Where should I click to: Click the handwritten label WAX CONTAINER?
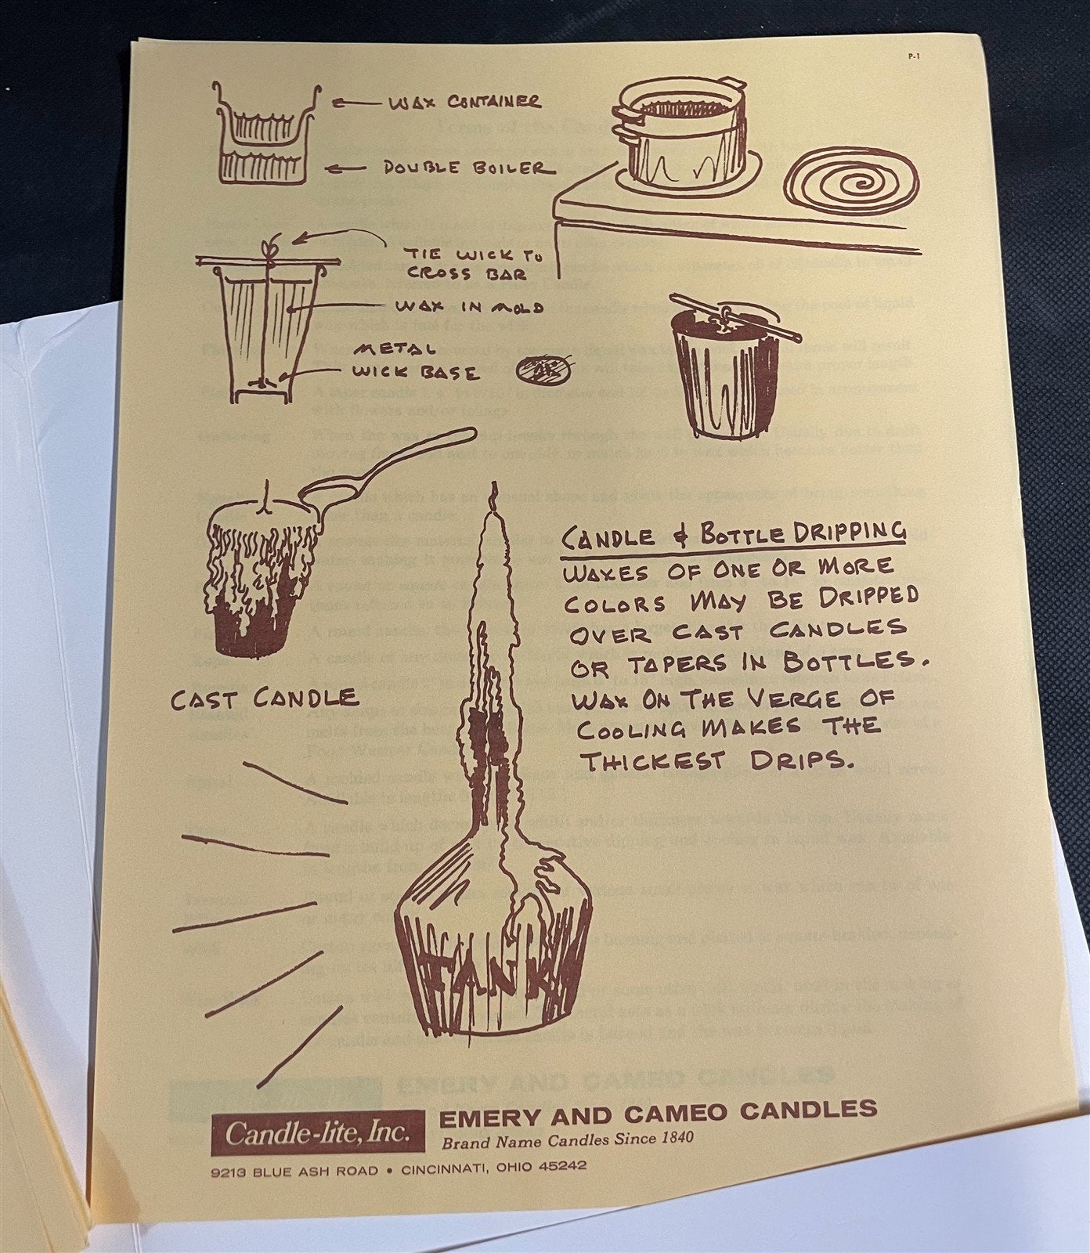[463, 102]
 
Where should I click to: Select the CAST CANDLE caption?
[265, 697]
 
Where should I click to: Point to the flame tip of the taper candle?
[493, 493]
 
